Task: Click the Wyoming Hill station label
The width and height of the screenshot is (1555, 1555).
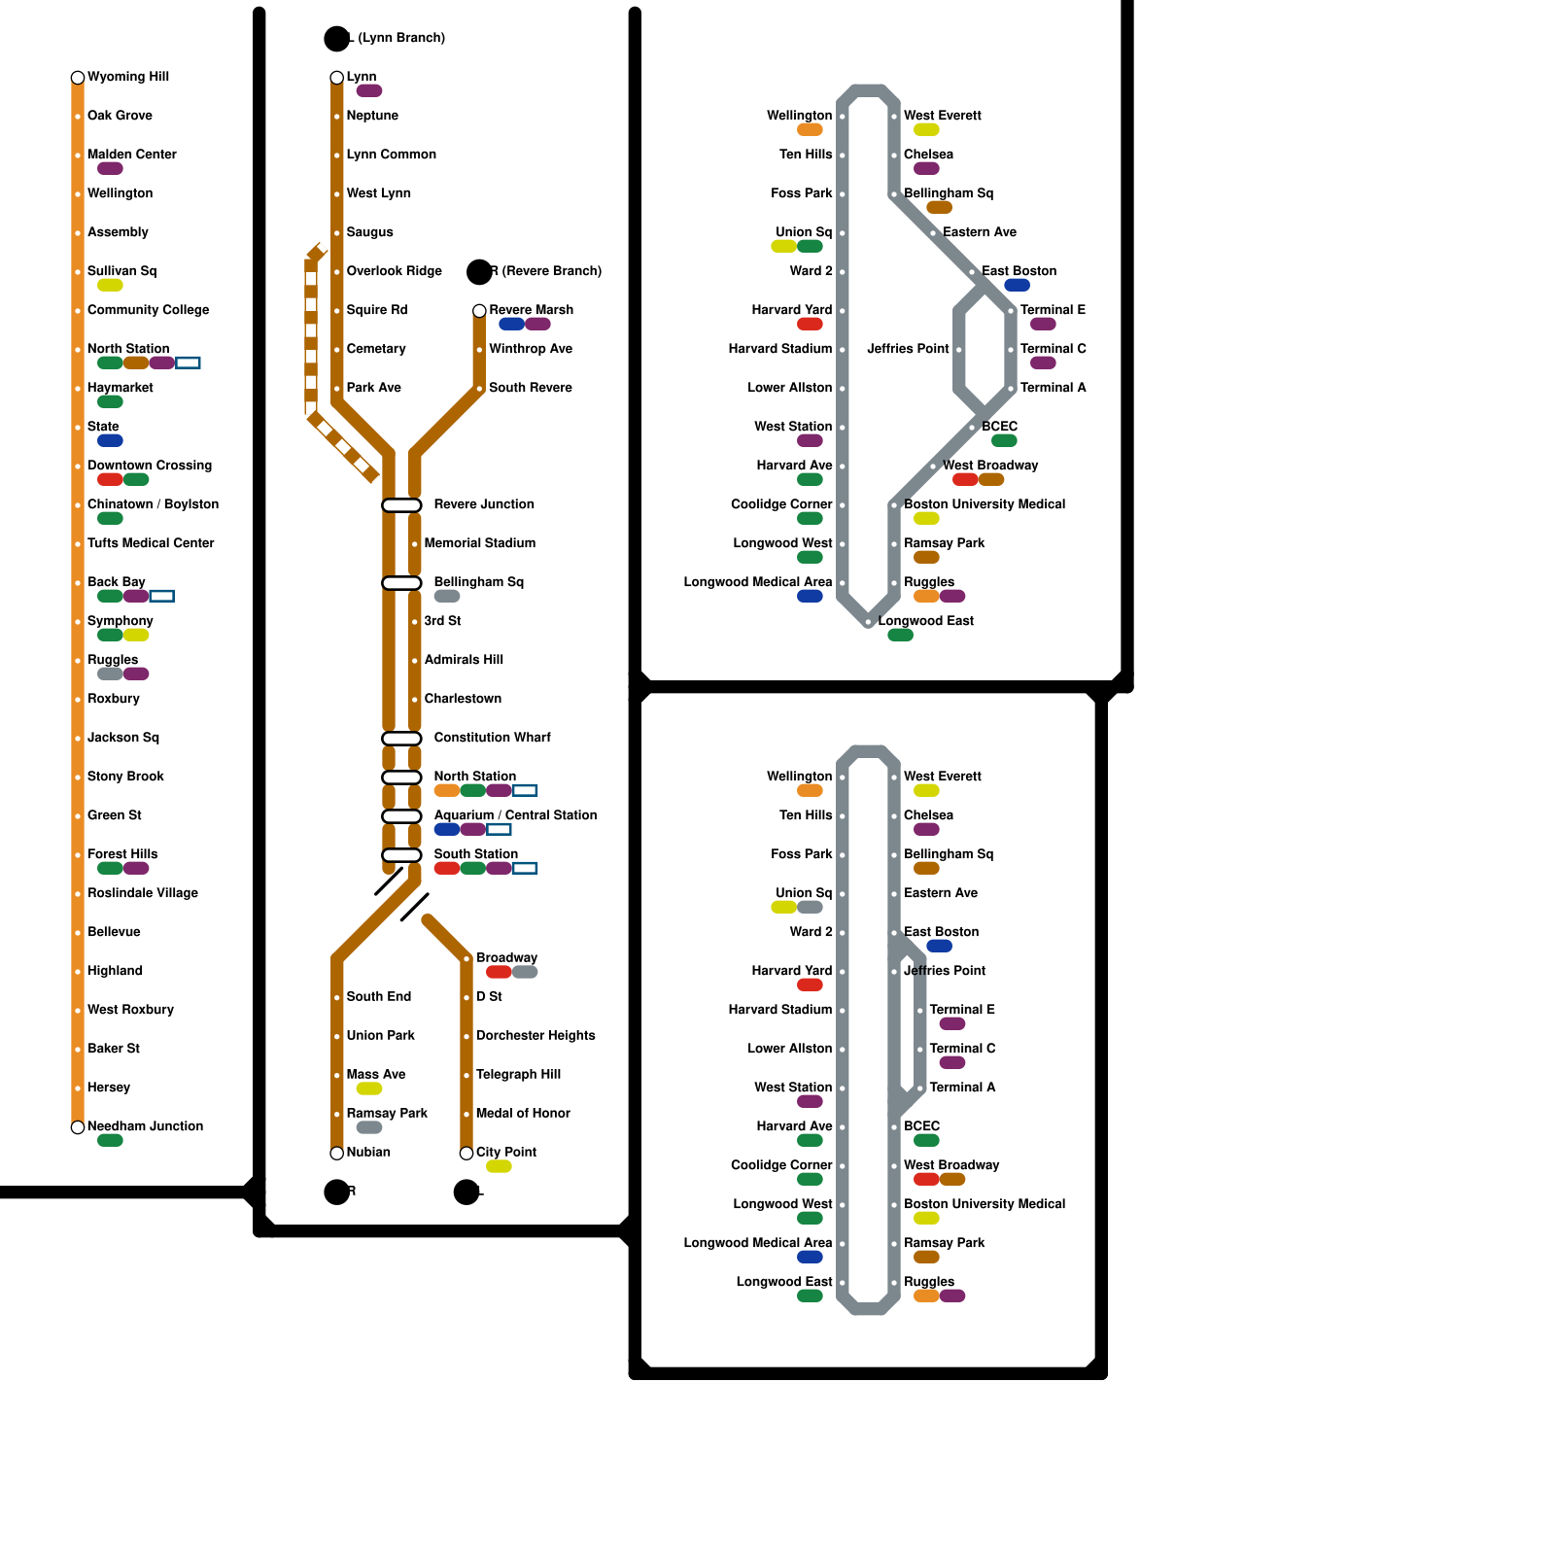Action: pos(127,77)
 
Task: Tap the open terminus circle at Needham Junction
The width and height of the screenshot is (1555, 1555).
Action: pos(78,1127)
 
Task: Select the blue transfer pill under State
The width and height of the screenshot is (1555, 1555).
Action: pos(110,441)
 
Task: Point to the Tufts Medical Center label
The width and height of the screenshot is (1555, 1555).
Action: pos(151,543)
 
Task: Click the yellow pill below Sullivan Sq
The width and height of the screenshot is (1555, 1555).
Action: pos(110,286)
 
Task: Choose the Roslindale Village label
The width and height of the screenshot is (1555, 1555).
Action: pos(142,893)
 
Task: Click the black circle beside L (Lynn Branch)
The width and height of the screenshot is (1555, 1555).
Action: pos(336,39)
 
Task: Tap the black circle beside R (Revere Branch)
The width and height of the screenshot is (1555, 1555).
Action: pos(479,272)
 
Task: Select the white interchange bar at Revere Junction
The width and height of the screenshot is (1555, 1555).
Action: pos(401,505)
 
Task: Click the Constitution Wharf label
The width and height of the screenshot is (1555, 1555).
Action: pos(492,738)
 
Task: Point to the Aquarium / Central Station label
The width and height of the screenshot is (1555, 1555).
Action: pos(515,815)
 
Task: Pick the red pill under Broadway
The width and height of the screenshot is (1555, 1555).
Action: pos(499,972)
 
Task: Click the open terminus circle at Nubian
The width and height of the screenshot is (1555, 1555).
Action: pos(336,1154)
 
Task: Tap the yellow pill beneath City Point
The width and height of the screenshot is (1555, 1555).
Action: pos(499,1166)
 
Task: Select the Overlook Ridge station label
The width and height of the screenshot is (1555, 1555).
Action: pos(394,271)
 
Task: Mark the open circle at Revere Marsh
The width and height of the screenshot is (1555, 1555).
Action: pos(479,311)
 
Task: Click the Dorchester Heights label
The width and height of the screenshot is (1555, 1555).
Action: pos(536,1036)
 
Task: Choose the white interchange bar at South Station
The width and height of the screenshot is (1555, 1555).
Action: pos(401,855)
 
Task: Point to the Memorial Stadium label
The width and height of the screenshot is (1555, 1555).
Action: pos(479,543)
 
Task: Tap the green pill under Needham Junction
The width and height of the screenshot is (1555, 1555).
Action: pos(110,1141)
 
